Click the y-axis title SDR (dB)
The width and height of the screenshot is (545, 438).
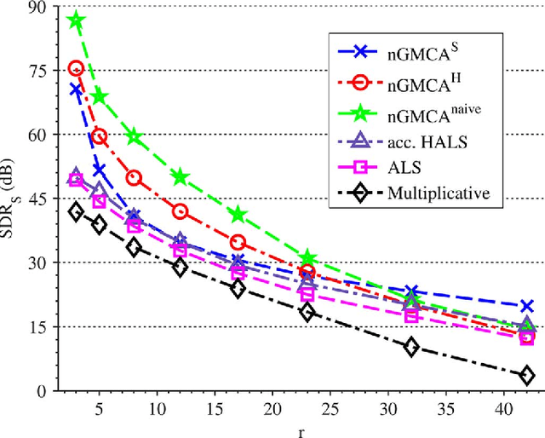[x=12, y=199]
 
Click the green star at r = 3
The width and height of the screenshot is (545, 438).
[x=76, y=21]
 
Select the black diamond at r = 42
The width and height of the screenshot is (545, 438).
[x=526, y=375]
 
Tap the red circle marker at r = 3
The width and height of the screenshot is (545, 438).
[x=76, y=69]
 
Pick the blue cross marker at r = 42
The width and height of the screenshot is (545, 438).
[x=526, y=306]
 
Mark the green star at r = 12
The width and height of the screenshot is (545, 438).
[x=180, y=177]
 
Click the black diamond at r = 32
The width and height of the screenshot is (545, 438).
[x=411, y=347]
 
